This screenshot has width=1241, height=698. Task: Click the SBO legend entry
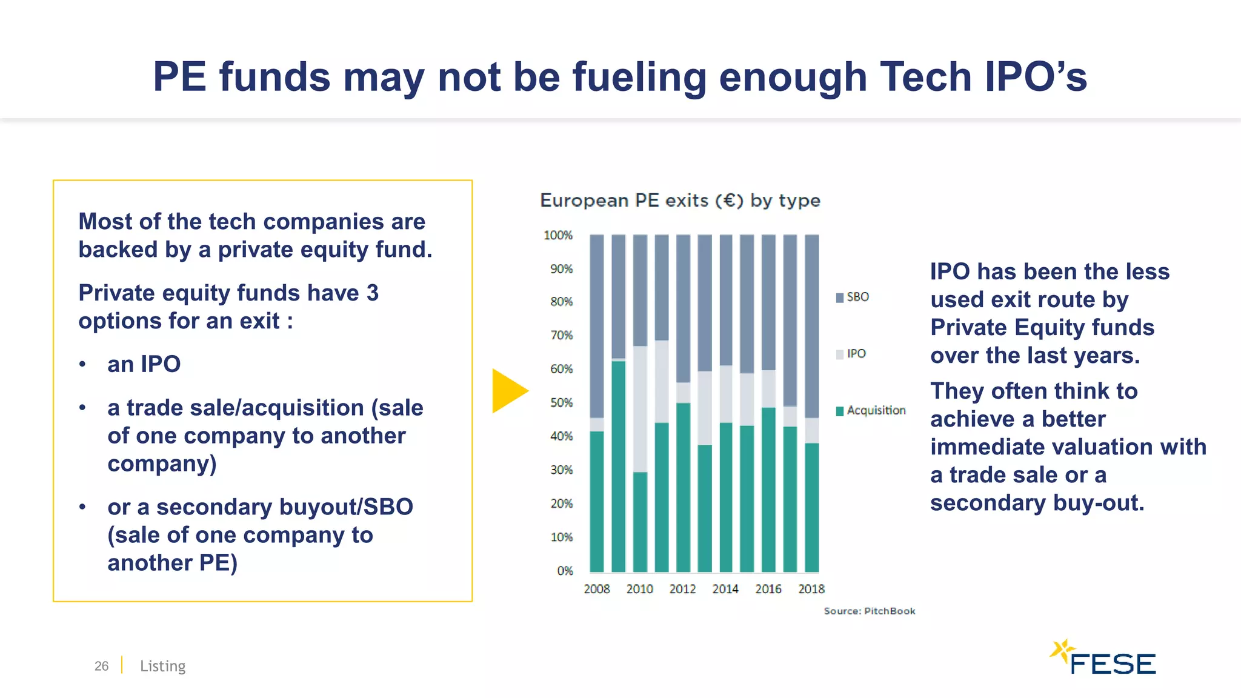click(x=853, y=297)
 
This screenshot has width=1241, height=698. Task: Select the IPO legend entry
click(x=851, y=354)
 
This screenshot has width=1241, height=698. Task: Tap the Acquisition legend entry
click(x=871, y=411)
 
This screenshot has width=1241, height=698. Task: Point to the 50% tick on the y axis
click(x=561, y=403)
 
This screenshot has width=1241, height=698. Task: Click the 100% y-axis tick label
click(x=558, y=235)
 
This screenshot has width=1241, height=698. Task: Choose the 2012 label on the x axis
click(x=682, y=589)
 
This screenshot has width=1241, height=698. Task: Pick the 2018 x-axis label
click(x=811, y=589)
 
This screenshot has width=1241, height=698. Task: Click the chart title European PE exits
click(x=680, y=201)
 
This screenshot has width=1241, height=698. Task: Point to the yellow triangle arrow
click(x=507, y=391)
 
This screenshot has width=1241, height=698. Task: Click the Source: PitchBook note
click(x=869, y=611)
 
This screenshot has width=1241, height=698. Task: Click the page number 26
click(x=101, y=666)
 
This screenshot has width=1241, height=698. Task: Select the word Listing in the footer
click(x=162, y=666)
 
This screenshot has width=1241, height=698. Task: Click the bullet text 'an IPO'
click(x=144, y=364)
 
